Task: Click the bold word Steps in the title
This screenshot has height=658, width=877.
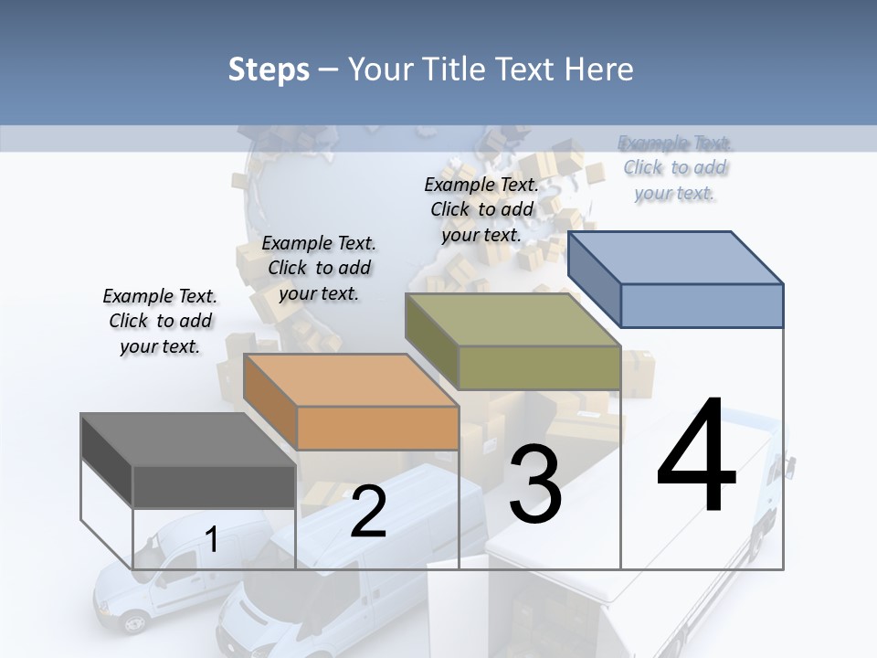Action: pyautogui.click(x=269, y=69)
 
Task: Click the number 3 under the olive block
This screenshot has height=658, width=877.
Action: pyautogui.click(x=535, y=483)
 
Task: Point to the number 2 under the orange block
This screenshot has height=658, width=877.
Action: pyautogui.click(x=368, y=512)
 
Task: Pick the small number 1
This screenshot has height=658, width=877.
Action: pyautogui.click(x=212, y=539)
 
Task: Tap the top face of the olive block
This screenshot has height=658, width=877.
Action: pyautogui.click(x=512, y=320)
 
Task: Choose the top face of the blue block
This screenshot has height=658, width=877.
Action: pyautogui.click(x=675, y=258)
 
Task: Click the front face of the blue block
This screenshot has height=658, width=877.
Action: pyautogui.click(x=702, y=305)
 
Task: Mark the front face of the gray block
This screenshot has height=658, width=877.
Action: pyautogui.click(x=214, y=486)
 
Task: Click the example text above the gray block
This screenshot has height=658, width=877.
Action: pyautogui.click(x=160, y=321)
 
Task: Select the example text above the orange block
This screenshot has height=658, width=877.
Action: pyautogui.click(x=319, y=268)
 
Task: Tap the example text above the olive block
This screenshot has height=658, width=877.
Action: pyautogui.click(x=481, y=209)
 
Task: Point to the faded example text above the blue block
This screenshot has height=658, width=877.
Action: pyautogui.click(x=675, y=167)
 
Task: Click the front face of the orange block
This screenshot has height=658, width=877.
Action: pyautogui.click(x=377, y=428)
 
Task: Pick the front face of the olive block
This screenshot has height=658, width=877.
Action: pyautogui.click(x=539, y=367)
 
